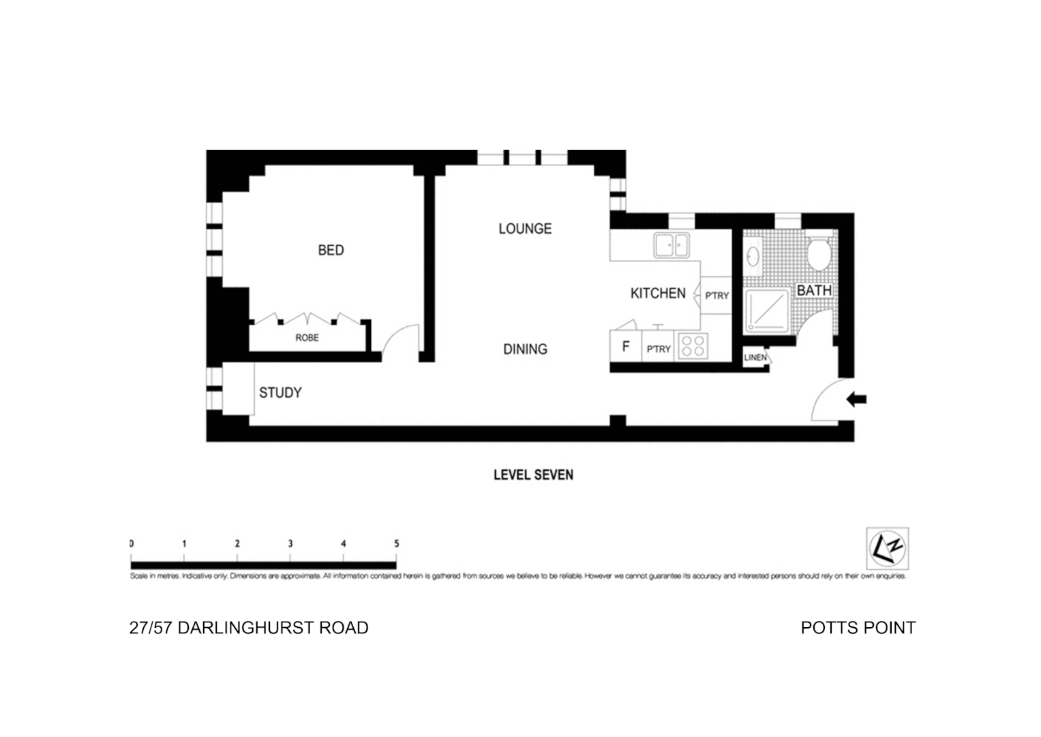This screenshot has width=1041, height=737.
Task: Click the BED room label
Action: click(x=331, y=250)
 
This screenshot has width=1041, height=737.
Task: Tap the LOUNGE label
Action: click(x=524, y=229)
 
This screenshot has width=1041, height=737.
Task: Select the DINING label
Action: click(x=525, y=349)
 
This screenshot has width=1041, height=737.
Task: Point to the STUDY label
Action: click(x=280, y=392)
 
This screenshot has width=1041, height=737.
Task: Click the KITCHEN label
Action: click(x=658, y=293)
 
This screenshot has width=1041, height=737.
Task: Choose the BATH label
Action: click(x=814, y=290)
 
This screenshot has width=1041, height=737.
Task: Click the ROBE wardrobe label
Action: click(x=307, y=338)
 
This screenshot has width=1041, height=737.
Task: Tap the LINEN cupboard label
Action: click(x=755, y=358)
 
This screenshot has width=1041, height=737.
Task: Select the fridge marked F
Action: click(x=625, y=347)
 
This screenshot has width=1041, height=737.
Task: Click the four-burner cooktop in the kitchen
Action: click(x=693, y=346)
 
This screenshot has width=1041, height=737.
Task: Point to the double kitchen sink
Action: click(x=671, y=244)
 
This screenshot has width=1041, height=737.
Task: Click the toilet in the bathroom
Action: click(x=817, y=253)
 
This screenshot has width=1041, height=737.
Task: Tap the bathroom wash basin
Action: click(x=753, y=256)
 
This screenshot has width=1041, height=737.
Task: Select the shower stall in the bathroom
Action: click(x=768, y=310)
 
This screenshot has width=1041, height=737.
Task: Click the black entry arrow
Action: click(x=856, y=399)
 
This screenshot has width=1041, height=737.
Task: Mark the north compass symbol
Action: click(x=887, y=548)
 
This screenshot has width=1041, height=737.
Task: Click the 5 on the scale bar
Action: click(x=396, y=544)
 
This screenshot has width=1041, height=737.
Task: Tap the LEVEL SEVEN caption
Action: click(x=533, y=475)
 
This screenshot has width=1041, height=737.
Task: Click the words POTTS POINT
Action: click(x=858, y=628)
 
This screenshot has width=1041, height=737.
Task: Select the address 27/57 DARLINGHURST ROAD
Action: click(x=249, y=628)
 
